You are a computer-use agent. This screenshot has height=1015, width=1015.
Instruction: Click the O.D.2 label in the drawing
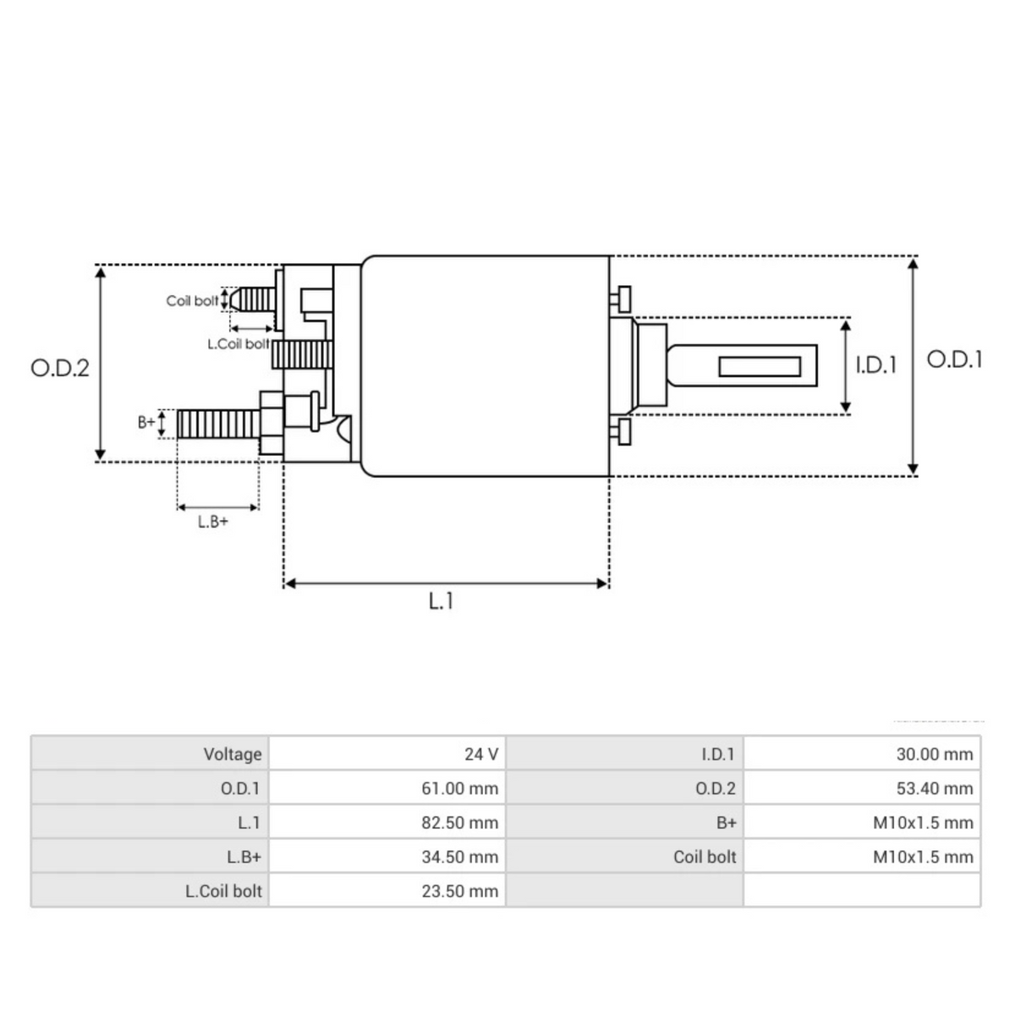point(59,368)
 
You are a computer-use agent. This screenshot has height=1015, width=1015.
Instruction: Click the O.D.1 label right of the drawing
point(955,359)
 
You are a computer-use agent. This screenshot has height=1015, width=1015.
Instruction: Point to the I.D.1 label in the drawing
point(875,365)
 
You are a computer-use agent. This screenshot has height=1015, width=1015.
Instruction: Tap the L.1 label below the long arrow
point(441,601)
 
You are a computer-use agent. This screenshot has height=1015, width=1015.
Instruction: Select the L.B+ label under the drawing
point(213,522)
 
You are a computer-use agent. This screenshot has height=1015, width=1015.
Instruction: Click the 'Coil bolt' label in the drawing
point(192,300)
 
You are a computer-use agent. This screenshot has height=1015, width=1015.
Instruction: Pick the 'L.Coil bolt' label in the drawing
point(238,344)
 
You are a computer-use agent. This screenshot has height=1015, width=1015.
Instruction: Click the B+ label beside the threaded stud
point(147,421)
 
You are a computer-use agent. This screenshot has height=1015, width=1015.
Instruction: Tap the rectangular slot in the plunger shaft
point(759,366)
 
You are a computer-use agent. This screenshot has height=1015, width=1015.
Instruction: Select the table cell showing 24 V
point(480,754)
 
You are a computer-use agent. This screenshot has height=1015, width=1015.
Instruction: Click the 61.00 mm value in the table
point(459,788)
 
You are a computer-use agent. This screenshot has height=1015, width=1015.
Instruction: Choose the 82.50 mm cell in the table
point(459,822)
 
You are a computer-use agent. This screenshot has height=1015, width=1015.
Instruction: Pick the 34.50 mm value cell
point(459,857)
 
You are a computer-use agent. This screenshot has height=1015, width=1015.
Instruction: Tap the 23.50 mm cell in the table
point(459,891)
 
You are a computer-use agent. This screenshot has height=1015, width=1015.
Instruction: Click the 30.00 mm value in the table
point(934,754)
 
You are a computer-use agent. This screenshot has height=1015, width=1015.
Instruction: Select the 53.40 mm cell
point(934,788)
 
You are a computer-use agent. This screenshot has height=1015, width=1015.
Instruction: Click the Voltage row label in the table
point(232,754)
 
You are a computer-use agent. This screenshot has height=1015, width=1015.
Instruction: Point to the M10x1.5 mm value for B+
point(923,822)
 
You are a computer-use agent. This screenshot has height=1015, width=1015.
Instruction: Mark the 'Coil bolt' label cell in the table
point(704,857)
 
